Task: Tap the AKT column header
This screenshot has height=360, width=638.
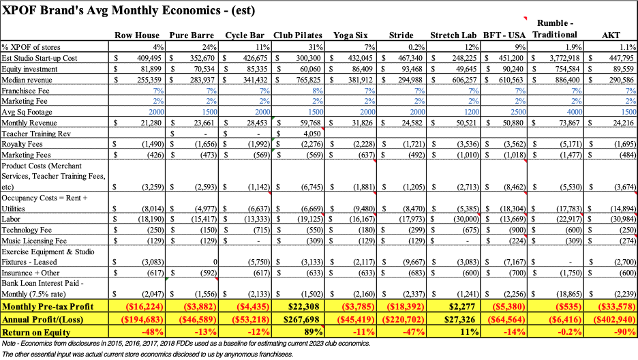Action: coord(611,35)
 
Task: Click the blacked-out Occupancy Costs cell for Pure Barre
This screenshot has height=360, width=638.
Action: coord(196,202)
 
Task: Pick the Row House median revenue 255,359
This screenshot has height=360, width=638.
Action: coord(145,79)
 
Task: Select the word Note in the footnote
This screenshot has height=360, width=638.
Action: coord(10,343)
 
